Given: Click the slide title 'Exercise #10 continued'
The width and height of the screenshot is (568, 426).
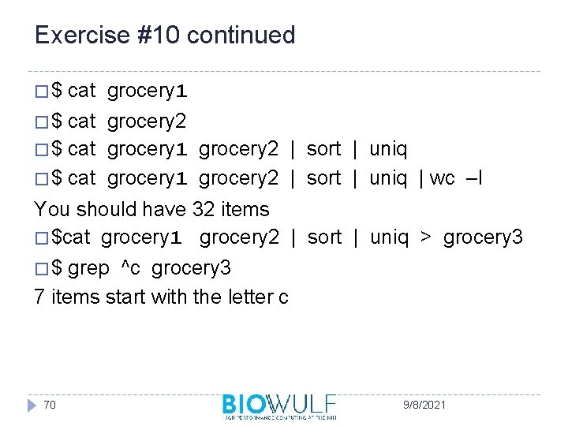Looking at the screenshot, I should (x=165, y=35).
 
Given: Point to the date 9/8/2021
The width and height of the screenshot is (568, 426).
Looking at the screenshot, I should (x=424, y=405).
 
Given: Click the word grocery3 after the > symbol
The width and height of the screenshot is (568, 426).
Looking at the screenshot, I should (x=482, y=237).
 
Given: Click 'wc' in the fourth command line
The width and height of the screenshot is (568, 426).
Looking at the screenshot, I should (x=443, y=178).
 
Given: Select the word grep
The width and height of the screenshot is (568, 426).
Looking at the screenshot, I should (x=88, y=268).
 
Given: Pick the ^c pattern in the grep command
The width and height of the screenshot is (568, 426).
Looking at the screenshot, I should (x=129, y=268).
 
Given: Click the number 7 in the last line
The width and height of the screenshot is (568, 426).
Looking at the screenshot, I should (x=39, y=297).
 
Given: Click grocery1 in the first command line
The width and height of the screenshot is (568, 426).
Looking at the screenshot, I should (x=147, y=92).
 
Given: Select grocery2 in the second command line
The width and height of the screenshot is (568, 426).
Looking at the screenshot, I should (x=147, y=121).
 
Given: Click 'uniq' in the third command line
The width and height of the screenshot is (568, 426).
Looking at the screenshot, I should (x=388, y=149).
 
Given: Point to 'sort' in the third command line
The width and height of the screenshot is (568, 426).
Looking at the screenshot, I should (x=323, y=149).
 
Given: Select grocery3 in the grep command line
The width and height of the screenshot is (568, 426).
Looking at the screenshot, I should (x=191, y=268).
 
